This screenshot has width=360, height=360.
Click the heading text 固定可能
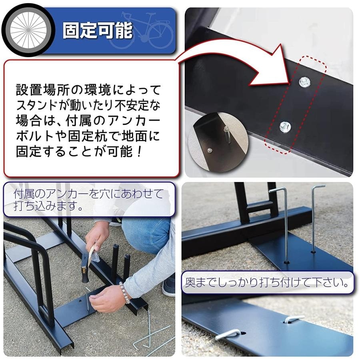(98, 30)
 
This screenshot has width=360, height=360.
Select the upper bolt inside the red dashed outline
(304, 82)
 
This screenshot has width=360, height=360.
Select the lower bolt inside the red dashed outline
(285, 127)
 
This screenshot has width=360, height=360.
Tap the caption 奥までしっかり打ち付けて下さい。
(267, 282)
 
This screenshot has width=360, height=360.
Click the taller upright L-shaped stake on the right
(315, 218)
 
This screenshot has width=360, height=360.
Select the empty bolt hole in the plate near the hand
(80, 300)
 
